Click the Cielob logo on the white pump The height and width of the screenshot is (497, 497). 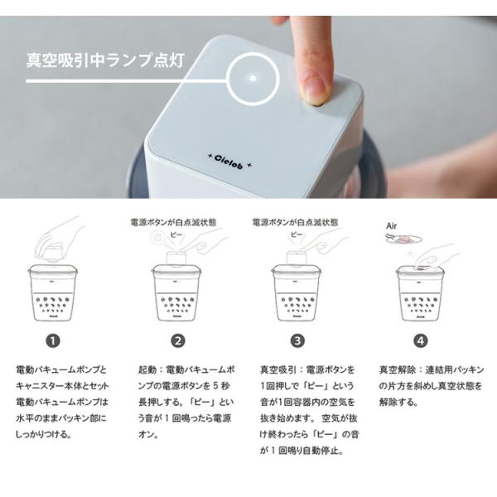[229, 162]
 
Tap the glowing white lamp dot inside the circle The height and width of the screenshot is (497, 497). [253, 78]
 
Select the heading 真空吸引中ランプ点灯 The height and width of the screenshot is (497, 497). [105, 60]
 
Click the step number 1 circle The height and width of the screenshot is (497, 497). [53, 341]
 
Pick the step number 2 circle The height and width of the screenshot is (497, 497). [178, 341]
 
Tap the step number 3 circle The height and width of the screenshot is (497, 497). [297, 341]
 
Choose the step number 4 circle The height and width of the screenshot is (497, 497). [421, 341]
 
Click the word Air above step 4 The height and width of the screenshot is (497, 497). [392, 226]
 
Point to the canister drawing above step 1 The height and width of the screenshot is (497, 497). [53, 292]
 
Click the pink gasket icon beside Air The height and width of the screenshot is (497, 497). [404, 239]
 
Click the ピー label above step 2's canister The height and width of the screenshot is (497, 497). [176, 234]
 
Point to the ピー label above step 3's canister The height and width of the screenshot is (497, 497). [297, 234]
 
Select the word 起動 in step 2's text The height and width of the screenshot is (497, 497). [147, 370]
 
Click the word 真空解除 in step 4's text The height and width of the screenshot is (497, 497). [398, 370]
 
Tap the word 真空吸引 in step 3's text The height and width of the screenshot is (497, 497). [278, 370]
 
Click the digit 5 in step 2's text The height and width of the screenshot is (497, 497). [215, 386]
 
